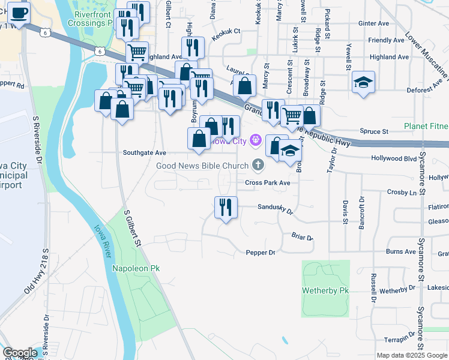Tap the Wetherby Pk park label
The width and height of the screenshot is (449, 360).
(x=326, y=290)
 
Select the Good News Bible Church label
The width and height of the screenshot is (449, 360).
(x=202, y=166)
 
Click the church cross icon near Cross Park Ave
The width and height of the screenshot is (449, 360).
(x=258, y=164)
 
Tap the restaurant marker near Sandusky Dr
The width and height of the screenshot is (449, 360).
(x=226, y=208)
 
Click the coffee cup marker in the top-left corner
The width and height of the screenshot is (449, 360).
(x=19, y=13)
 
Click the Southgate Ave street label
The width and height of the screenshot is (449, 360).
(x=144, y=153)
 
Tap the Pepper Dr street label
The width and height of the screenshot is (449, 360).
(x=261, y=253)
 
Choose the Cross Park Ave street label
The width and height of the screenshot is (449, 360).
(x=268, y=182)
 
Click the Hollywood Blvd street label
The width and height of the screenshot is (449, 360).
(x=394, y=158)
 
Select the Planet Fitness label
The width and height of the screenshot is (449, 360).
(x=426, y=126)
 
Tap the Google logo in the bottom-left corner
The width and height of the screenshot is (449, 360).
(x=20, y=353)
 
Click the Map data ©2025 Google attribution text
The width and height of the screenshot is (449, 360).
(x=412, y=355)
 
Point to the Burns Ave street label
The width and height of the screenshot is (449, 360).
(x=401, y=252)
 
